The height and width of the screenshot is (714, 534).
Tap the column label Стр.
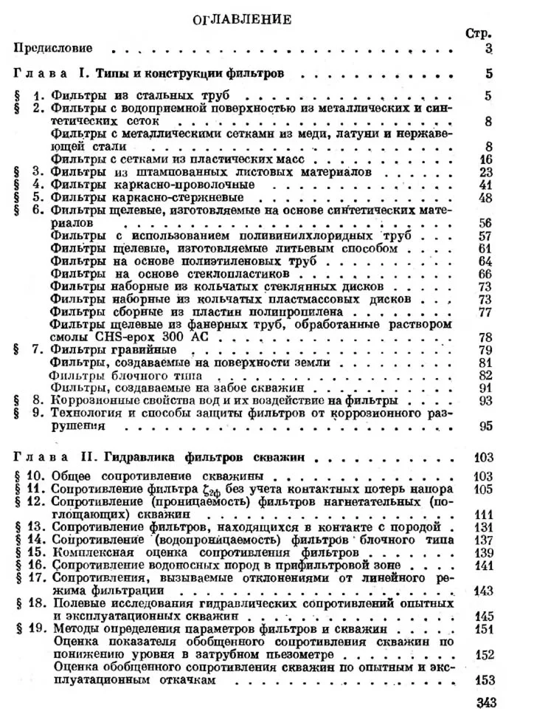point(479,33)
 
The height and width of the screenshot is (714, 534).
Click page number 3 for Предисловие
point(489,49)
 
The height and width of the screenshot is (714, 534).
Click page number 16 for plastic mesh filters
point(485,159)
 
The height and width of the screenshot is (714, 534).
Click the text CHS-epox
point(163,337)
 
